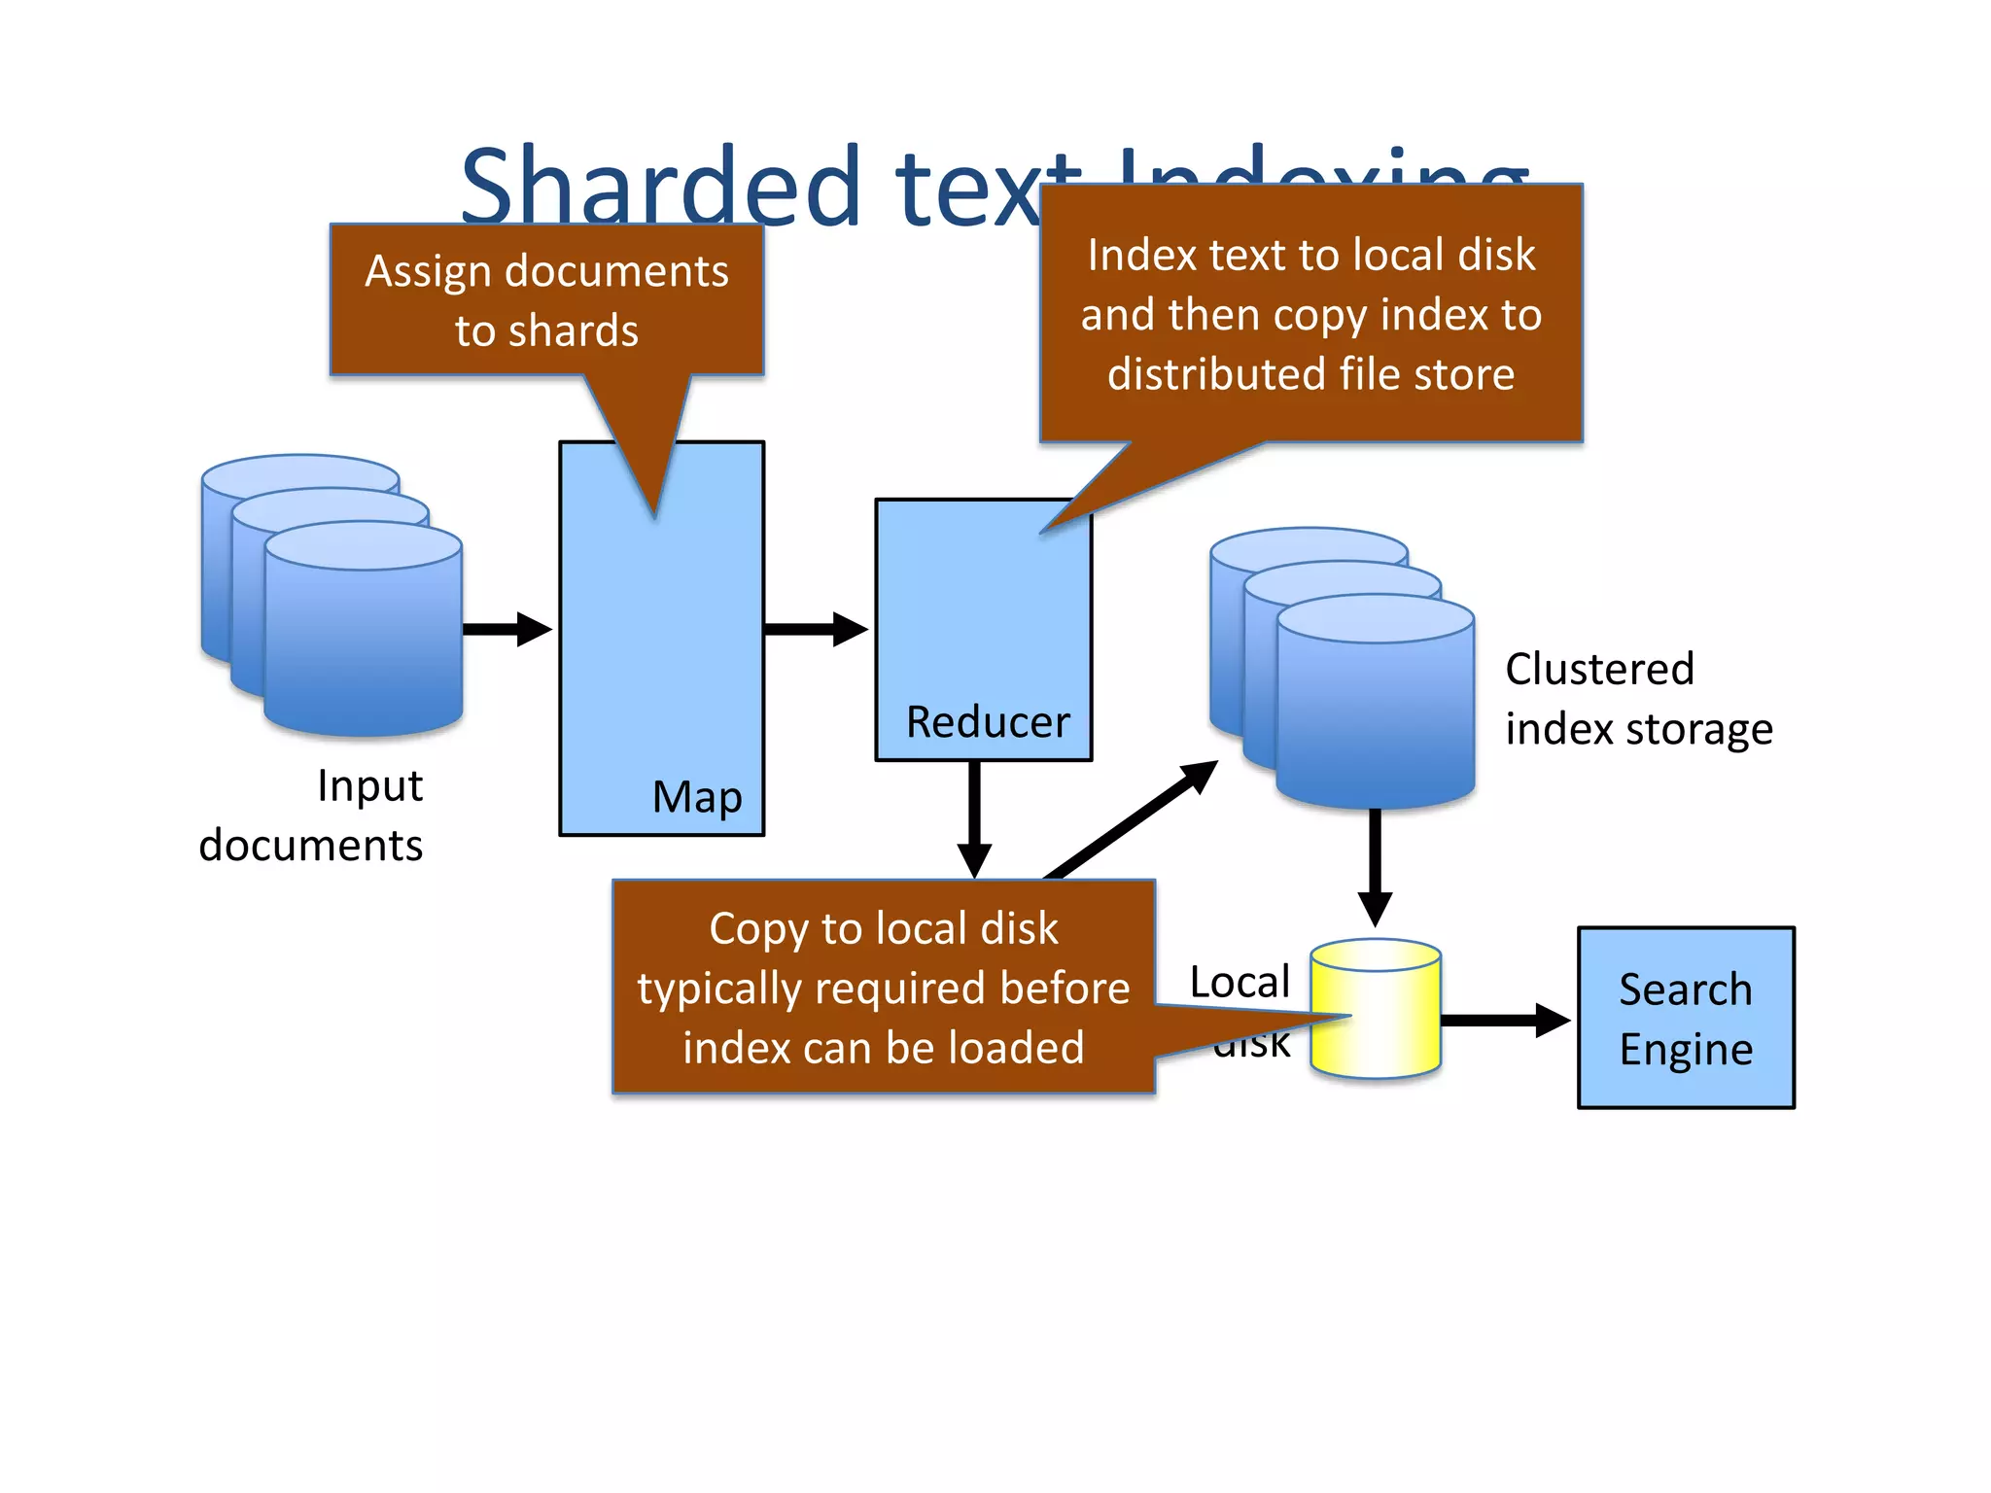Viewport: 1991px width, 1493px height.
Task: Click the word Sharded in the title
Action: pos(661,187)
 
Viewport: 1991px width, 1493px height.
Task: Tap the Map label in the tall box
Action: pos(697,797)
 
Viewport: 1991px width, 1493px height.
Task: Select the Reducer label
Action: pos(987,722)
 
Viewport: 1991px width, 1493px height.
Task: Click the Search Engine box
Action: pos(1686,1018)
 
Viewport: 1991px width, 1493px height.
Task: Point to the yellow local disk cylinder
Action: pos(1376,1011)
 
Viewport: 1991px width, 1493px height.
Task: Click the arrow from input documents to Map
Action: pos(506,629)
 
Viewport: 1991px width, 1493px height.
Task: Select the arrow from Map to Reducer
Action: pos(815,629)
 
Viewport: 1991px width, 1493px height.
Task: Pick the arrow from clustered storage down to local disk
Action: pos(1375,865)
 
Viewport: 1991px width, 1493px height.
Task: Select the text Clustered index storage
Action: pos(1638,699)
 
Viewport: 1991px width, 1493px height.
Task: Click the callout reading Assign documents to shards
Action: pos(546,300)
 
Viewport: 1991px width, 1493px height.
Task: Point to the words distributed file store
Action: pos(1310,374)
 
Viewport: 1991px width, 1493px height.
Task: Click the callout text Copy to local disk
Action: pos(883,928)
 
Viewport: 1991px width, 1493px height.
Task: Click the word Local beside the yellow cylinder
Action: pos(1240,982)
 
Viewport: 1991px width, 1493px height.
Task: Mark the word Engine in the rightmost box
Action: pos(1686,1050)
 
